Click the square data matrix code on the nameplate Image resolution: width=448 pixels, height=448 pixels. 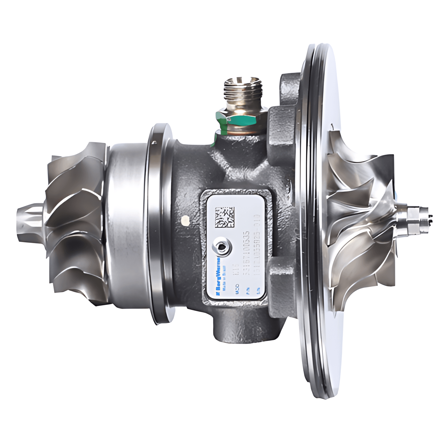tap(225, 217)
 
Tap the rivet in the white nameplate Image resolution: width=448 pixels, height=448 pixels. tap(222, 247)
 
